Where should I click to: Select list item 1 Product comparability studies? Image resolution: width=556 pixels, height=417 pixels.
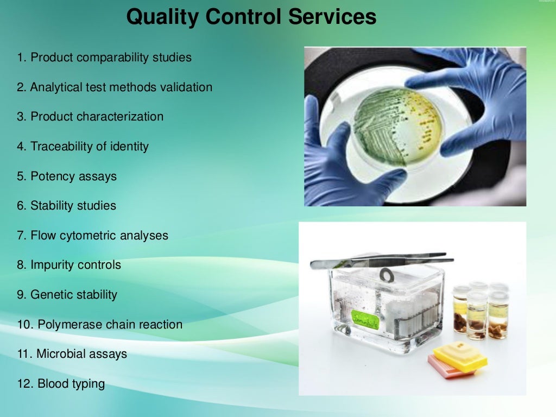pos(104,58)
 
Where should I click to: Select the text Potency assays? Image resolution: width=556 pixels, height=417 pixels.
pos(73,176)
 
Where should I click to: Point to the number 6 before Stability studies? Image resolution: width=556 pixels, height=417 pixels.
pos(21,206)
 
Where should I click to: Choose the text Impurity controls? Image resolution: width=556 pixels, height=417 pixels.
pos(75,266)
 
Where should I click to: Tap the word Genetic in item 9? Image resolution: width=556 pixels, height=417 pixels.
pos(50,295)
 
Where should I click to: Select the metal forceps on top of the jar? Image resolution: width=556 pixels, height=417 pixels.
pos(380,261)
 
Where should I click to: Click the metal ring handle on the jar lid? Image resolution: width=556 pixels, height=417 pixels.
pos(387,275)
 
